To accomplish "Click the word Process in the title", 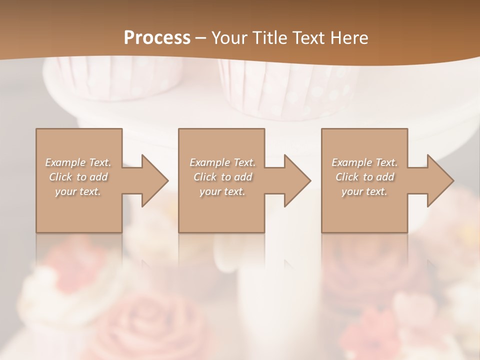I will coord(157,38).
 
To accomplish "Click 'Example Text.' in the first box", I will coord(78,162).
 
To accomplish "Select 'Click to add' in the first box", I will coord(78,177).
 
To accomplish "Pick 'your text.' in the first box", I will coord(78,191).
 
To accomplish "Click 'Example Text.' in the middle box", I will coord(222,162).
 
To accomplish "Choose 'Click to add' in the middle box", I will coord(222,177).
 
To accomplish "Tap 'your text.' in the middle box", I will coord(222,191).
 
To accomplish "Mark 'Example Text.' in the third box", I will coord(364,162).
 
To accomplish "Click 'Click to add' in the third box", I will coord(364,177).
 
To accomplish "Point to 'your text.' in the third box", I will coord(364,191).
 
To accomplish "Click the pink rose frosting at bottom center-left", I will coord(145,320).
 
